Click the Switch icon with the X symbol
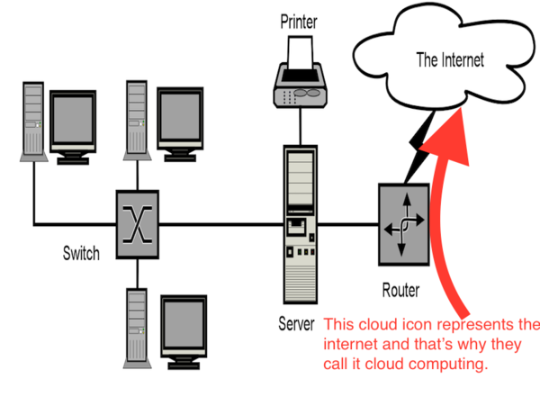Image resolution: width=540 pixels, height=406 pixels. (x=136, y=217)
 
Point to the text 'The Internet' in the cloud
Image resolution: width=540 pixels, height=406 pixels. (x=449, y=60)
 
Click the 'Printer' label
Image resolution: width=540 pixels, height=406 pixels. (x=299, y=20)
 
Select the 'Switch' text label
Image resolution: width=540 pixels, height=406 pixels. (x=81, y=253)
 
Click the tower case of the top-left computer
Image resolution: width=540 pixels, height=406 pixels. (x=32, y=122)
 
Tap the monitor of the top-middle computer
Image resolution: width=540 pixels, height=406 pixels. (x=183, y=118)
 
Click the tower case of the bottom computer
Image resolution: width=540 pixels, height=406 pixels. (x=136, y=325)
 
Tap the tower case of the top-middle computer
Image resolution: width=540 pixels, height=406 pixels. (x=136, y=117)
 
